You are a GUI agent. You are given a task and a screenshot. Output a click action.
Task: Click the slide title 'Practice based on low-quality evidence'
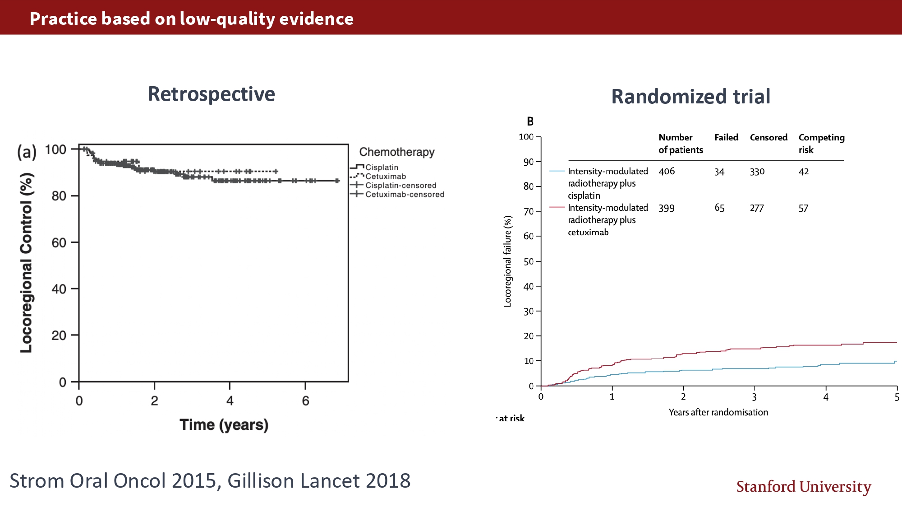[x=192, y=19]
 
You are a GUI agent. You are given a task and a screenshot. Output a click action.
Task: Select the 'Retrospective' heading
[x=211, y=94]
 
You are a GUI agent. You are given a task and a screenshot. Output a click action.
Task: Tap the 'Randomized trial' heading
[x=690, y=97]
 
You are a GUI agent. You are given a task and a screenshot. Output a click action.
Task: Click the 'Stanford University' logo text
[x=803, y=487]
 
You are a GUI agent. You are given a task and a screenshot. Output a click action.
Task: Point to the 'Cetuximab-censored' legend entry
[x=405, y=195]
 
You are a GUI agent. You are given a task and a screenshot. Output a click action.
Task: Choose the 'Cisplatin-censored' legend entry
[x=400, y=186]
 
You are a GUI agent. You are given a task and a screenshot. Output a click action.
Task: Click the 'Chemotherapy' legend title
[x=396, y=152]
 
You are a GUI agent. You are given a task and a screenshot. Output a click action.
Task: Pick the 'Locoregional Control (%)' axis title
[x=27, y=263]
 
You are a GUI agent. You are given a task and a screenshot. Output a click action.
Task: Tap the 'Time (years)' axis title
[x=224, y=425]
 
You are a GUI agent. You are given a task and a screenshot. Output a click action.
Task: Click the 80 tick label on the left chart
[x=59, y=196]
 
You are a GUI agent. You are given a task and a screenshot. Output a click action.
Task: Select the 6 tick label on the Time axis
[x=305, y=401]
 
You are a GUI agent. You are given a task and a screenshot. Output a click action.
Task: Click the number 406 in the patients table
[x=667, y=172]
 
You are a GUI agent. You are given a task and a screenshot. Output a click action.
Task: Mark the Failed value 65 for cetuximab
[x=719, y=208]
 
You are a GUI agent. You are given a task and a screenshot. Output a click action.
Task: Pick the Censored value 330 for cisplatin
[x=757, y=172]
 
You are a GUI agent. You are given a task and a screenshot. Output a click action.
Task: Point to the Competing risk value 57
[x=803, y=208]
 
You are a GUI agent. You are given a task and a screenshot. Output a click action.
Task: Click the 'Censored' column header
[x=769, y=138]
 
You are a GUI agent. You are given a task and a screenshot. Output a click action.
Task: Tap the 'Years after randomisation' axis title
[x=718, y=412]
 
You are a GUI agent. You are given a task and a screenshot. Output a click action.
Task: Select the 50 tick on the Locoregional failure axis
[x=528, y=262]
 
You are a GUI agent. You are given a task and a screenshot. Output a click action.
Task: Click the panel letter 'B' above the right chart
[x=530, y=121]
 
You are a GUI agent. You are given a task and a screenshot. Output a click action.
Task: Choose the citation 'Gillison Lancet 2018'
[x=319, y=481]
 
